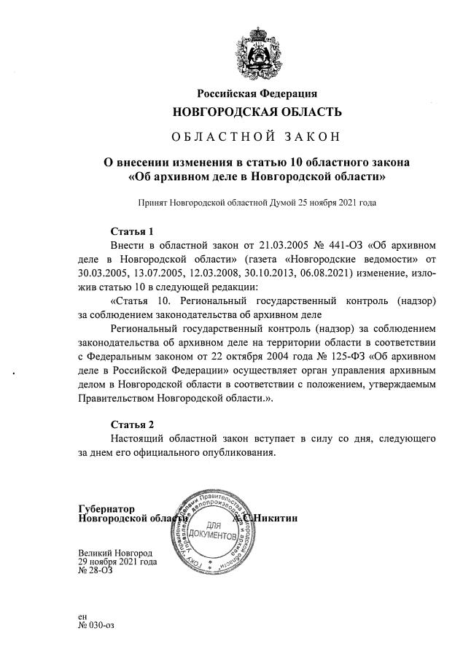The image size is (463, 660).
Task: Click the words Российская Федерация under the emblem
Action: point(257,93)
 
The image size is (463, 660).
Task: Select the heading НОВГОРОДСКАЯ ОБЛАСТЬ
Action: point(257,112)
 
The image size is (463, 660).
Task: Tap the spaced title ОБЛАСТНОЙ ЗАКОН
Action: point(257,136)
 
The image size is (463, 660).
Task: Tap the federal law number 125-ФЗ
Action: point(344,357)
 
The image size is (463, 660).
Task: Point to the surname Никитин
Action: point(276,519)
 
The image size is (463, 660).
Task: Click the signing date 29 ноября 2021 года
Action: point(117,562)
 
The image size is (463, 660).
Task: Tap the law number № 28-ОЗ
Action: point(96,571)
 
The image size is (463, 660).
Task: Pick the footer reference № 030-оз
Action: point(96,625)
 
